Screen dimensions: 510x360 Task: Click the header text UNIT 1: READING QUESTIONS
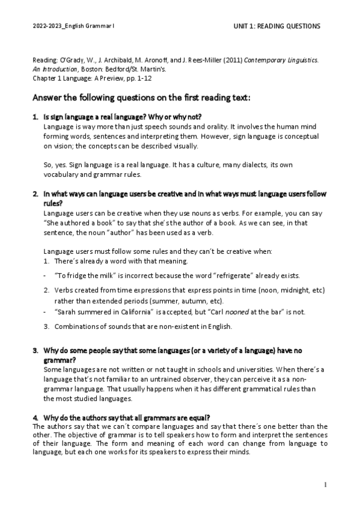tap(276, 26)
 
